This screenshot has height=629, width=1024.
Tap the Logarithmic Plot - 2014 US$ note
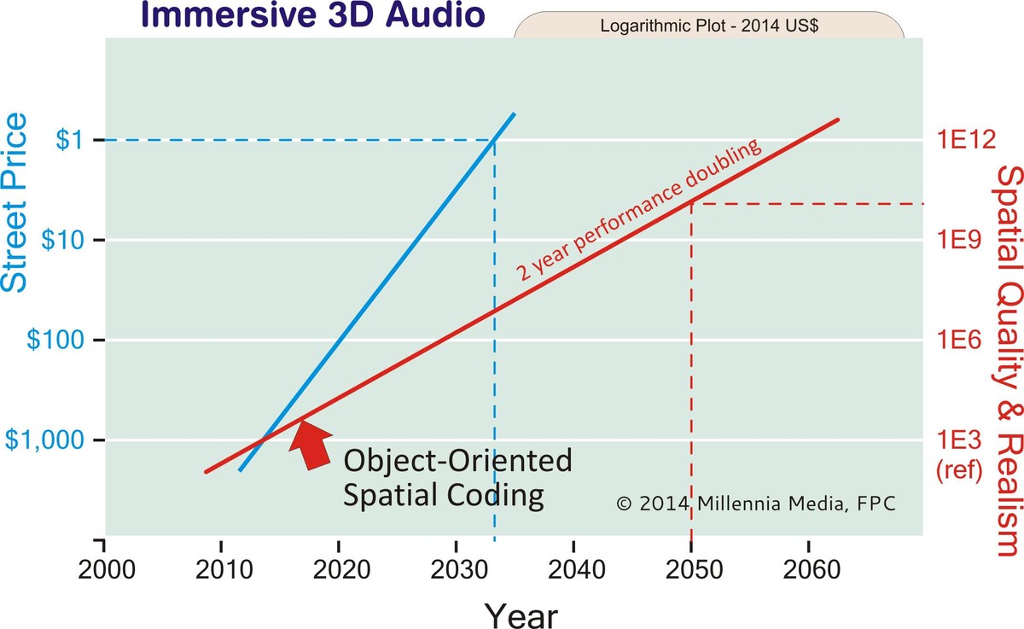(709, 26)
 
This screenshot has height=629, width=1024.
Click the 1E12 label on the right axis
(968, 140)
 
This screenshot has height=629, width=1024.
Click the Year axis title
(521, 614)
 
